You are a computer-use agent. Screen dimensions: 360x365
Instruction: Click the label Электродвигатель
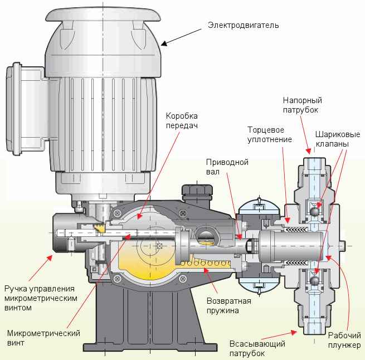(243, 25)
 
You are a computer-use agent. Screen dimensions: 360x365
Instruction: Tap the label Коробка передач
(182, 120)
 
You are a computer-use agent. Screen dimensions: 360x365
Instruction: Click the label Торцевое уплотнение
(270, 134)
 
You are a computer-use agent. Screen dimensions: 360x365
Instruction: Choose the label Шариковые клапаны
(338, 139)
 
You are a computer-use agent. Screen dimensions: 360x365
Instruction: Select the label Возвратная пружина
(228, 305)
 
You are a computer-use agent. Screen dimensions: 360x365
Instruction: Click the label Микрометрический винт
(43, 338)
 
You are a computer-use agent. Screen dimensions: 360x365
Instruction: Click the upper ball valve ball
(316, 212)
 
